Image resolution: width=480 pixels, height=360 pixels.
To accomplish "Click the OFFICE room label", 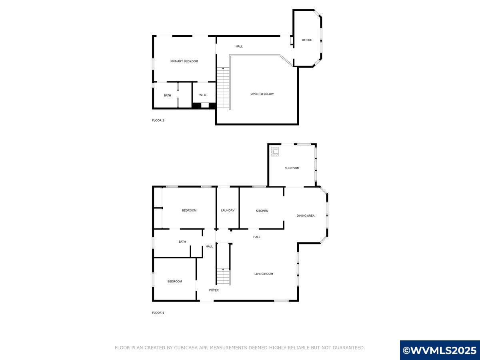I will [x=307, y=40].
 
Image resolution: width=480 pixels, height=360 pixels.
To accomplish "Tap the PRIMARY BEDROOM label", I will [x=184, y=61].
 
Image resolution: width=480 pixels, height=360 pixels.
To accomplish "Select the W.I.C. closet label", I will [x=203, y=95].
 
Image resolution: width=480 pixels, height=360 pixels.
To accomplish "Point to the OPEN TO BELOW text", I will [x=262, y=94].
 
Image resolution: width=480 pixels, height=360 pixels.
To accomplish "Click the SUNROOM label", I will [x=292, y=168].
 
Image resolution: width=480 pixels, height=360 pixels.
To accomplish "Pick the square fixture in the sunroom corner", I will [x=275, y=151].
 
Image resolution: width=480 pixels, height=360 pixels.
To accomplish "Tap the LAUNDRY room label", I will [x=228, y=210].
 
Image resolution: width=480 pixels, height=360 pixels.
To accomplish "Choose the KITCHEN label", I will [x=262, y=211].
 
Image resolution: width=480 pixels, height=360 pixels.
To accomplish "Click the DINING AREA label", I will [x=306, y=216].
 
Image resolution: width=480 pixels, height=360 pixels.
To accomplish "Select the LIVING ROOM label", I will [x=264, y=274].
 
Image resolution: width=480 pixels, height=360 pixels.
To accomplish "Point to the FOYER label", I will [x=214, y=290].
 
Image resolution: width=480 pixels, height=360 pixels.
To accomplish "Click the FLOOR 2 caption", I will [x=158, y=120].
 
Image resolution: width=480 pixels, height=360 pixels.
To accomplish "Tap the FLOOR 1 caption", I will [x=158, y=313].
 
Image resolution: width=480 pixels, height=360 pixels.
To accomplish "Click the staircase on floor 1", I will [x=224, y=276].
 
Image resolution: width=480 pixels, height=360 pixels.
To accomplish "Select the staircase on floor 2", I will [x=223, y=88].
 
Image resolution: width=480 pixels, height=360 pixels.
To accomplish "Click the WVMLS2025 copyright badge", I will [x=440, y=350].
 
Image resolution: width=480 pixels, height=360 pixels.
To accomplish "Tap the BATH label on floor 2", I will [x=167, y=95].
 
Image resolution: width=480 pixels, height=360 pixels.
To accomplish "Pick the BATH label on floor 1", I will [x=182, y=242].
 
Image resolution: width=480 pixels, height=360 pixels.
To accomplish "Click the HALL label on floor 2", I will [x=239, y=46].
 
